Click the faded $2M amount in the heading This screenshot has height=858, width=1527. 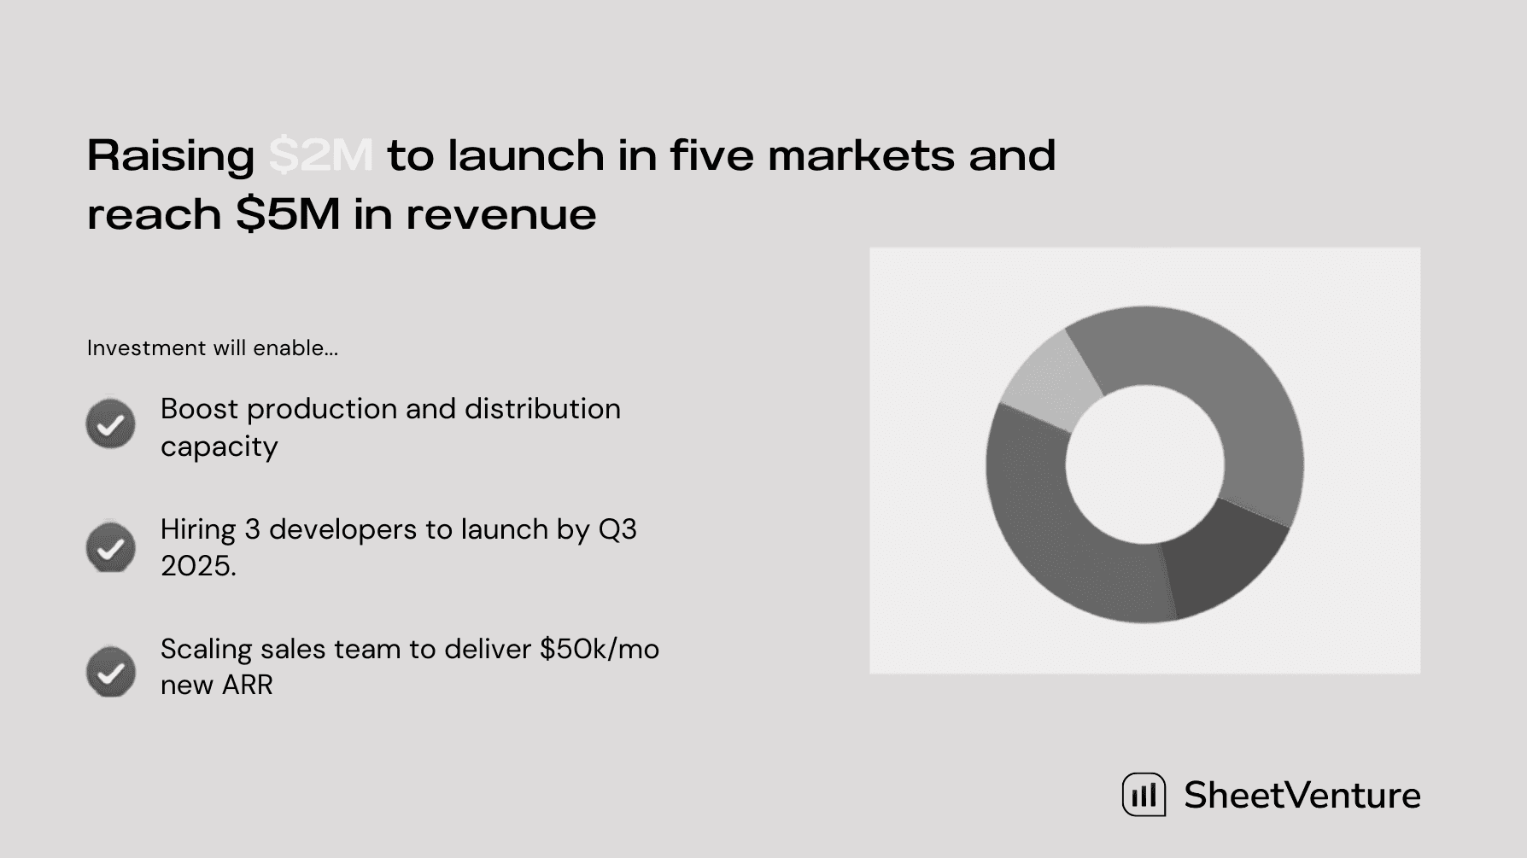321,156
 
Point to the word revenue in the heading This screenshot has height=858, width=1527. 500,215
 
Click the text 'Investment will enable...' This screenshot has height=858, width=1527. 213,348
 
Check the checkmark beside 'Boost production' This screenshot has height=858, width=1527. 111,423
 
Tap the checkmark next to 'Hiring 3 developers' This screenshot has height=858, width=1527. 111,547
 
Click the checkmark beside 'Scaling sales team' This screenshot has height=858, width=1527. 111,671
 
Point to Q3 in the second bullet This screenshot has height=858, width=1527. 617,530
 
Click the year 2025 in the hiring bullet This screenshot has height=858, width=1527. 198,566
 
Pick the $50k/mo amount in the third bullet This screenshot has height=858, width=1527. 600,650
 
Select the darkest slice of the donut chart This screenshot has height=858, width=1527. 1222,555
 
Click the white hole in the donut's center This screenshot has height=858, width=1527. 1144,464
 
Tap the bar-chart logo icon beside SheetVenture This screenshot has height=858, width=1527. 1144,795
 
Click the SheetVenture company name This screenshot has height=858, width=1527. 1302,796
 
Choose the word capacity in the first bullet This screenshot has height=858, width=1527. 219,447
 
